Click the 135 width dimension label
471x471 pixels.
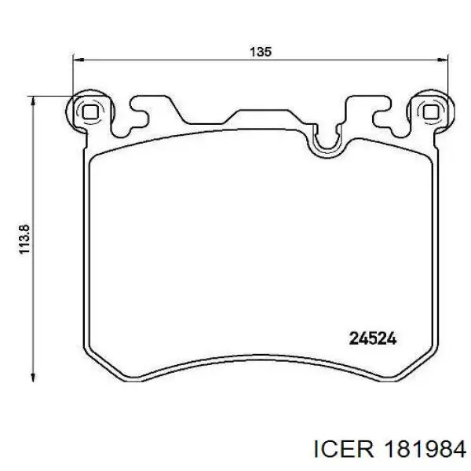point(261,52)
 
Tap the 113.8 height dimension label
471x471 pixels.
point(24,239)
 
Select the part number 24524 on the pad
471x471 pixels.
point(373,339)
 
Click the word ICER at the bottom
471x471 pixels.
point(343,449)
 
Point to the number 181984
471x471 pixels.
point(424,449)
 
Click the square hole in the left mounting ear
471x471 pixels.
point(89,112)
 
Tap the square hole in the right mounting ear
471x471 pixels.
point(431,112)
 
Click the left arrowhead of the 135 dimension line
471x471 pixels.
point(78,60)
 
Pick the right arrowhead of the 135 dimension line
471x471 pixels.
point(442,60)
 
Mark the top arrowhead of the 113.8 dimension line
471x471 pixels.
point(33,102)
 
